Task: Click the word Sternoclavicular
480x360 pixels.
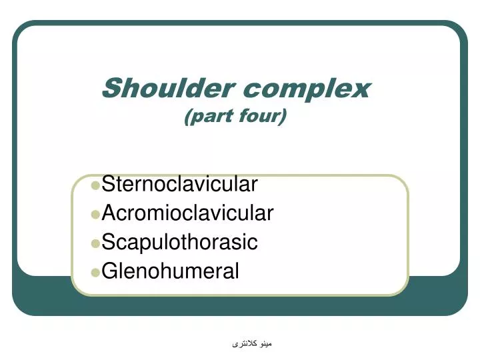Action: (x=179, y=183)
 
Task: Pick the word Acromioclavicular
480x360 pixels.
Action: (x=187, y=213)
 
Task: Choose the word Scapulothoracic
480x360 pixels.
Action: (x=179, y=242)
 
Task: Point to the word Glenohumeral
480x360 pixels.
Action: (x=170, y=271)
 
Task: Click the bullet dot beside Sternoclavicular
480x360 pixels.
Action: (x=95, y=184)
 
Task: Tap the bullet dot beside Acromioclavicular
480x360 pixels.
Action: (x=95, y=214)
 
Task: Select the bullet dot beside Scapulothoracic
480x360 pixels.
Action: (x=95, y=243)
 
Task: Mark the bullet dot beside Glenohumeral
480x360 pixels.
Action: (x=95, y=272)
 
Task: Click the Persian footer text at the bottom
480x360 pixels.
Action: (x=253, y=344)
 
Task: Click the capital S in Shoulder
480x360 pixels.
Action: (x=113, y=87)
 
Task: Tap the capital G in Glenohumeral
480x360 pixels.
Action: (x=111, y=271)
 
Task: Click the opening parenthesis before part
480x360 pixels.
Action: (x=187, y=117)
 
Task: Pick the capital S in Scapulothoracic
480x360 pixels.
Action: (x=109, y=242)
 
